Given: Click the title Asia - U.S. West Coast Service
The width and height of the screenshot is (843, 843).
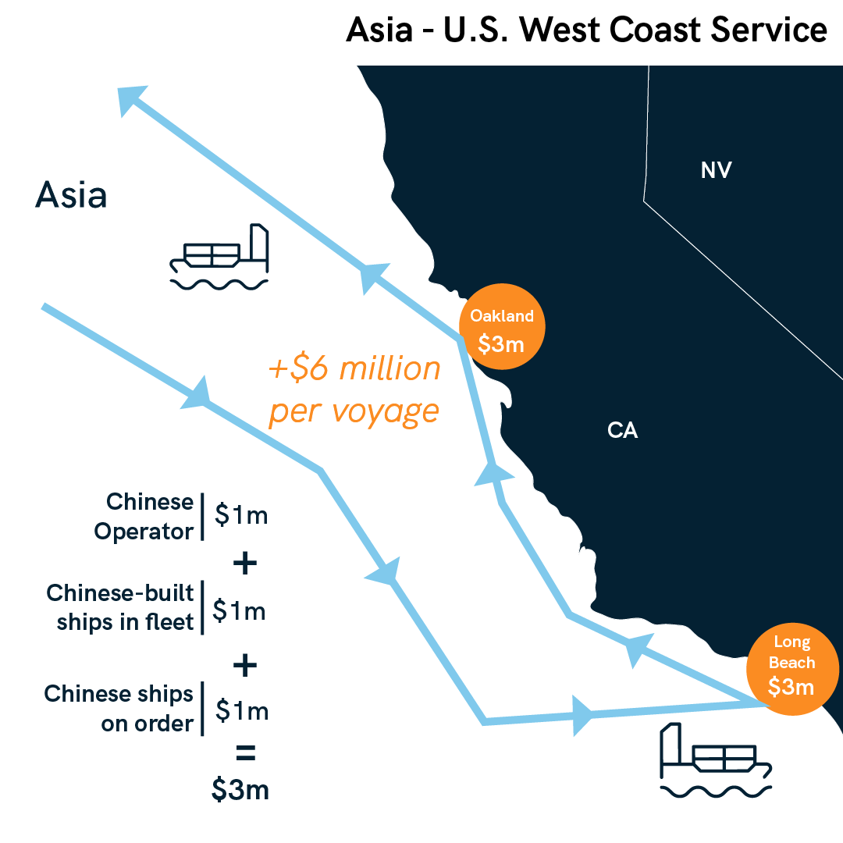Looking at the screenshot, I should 586,30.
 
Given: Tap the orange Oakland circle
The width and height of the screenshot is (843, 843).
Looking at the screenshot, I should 502,329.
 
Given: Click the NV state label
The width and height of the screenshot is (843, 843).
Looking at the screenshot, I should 716,170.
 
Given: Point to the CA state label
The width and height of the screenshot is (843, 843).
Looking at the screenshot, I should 622,430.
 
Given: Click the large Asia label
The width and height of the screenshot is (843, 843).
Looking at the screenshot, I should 71,195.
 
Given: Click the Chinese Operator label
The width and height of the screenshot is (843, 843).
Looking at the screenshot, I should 144,516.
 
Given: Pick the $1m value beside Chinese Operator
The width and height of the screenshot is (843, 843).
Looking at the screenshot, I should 241,515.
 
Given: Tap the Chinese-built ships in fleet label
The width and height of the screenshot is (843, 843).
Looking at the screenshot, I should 121,607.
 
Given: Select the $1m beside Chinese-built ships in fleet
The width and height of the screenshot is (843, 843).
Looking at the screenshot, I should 240,610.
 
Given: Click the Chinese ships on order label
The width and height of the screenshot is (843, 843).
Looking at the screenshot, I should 119,708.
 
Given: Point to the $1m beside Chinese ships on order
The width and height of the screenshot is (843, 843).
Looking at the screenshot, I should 242,710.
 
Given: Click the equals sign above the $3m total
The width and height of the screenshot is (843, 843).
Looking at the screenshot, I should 244,755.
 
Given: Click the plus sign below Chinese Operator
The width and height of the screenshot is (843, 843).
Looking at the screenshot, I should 244,564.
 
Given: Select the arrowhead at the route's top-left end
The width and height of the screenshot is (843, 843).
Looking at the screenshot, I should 130,99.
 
